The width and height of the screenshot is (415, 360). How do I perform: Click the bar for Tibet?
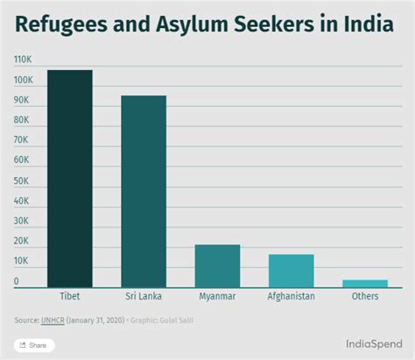point(69,179)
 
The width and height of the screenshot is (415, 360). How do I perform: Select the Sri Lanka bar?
point(144,191)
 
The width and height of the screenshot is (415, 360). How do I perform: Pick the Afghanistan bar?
point(291,271)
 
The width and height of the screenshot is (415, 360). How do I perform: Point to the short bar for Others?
point(364,283)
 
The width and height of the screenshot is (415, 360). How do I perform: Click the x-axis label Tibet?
point(70,296)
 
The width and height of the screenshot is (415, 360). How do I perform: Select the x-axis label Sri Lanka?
point(144,296)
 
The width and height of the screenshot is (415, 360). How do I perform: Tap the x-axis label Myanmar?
point(217,296)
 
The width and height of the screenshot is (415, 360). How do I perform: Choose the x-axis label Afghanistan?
point(291,296)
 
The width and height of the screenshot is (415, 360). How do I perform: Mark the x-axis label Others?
point(364,296)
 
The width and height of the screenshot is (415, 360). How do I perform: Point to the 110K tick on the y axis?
point(24,60)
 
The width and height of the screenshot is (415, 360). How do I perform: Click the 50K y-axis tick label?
point(22,180)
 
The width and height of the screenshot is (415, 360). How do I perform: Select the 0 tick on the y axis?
point(17,281)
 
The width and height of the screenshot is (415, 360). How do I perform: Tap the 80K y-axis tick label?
point(22,120)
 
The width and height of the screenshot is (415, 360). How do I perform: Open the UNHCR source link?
point(53,320)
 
